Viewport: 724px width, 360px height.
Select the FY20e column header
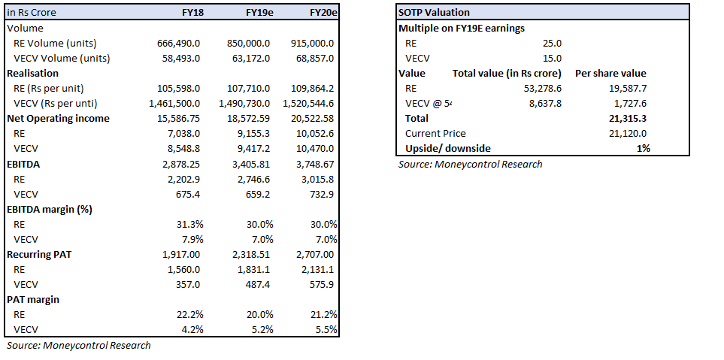click(323, 13)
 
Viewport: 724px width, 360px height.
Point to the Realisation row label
click(32, 73)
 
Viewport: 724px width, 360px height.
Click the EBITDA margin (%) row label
click(49, 209)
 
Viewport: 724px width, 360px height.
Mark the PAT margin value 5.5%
click(326, 329)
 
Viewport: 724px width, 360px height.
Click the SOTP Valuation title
click(434, 13)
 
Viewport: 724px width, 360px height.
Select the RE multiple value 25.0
click(552, 43)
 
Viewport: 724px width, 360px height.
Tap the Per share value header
click(610, 73)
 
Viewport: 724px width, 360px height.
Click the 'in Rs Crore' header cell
click(32, 13)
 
